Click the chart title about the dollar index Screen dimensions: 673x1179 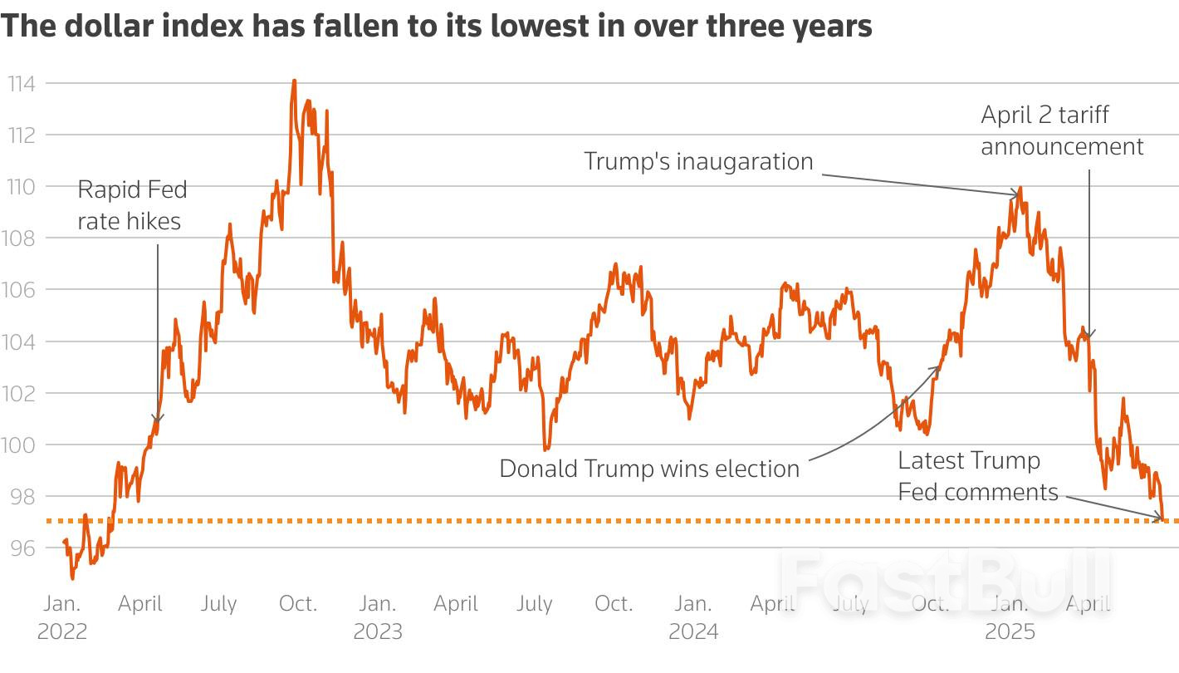coord(437,26)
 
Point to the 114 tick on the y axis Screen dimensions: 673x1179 coord(21,83)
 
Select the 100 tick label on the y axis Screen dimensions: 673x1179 coord(21,445)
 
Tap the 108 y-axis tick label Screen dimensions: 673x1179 coord(21,238)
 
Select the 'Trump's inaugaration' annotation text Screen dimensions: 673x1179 coord(698,161)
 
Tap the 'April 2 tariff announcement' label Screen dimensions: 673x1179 coord(1062,130)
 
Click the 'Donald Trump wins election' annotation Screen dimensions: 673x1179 coord(649,469)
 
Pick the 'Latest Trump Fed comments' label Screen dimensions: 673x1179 coord(977,476)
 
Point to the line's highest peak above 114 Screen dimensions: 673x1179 coord(294,81)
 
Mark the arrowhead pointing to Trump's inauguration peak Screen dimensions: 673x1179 coord(1016,195)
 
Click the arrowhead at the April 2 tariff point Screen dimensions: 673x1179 coord(1088,335)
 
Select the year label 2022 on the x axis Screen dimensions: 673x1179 coord(61,632)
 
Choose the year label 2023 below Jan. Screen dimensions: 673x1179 coord(378,632)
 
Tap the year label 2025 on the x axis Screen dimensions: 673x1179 coord(1010,632)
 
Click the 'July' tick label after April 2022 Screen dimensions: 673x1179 coord(218,603)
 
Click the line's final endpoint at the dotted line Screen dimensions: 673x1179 coord(1164,520)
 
